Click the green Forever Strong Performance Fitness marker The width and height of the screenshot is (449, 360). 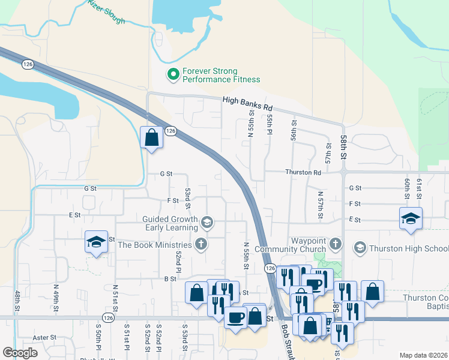click(x=173, y=74)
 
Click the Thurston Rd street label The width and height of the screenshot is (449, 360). click(x=303, y=172)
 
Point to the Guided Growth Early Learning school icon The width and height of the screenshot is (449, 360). click(x=206, y=223)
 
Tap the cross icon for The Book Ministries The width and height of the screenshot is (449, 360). click(x=201, y=244)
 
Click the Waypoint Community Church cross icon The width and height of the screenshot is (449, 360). click(x=335, y=244)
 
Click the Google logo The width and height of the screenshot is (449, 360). click(x=20, y=353)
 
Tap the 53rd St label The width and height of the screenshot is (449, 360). click(x=188, y=198)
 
